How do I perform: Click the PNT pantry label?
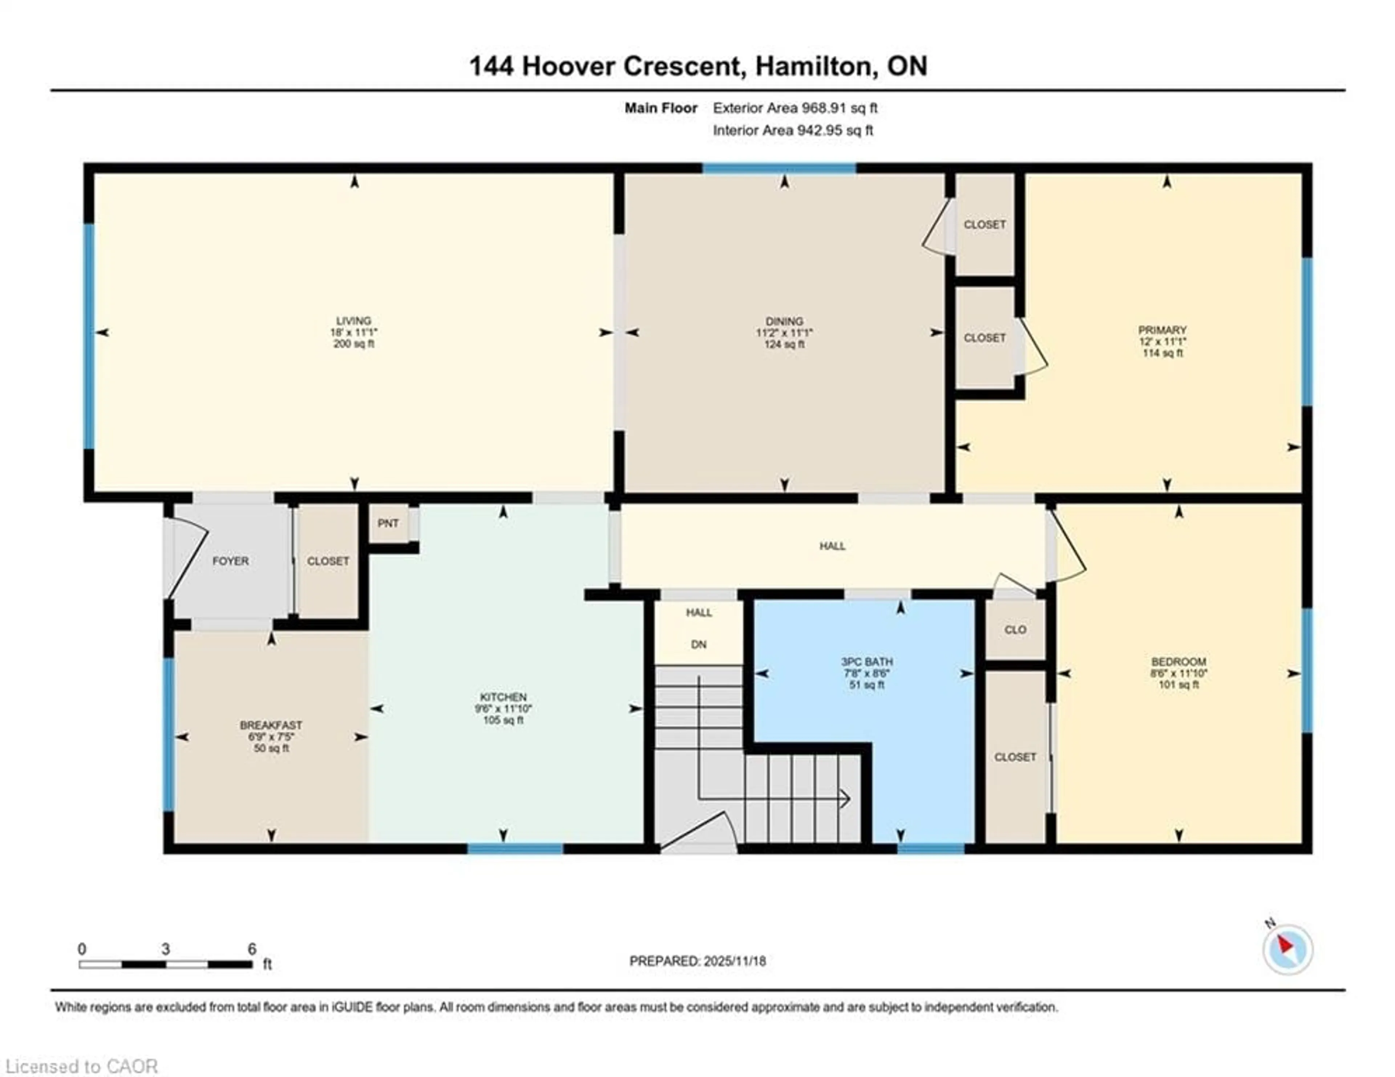coord(388,523)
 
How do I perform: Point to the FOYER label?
coord(231,561)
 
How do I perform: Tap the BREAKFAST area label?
coord(271,725)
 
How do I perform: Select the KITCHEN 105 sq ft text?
coord(503,720)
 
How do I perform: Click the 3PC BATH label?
coord(867,662)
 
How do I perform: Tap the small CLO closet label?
coord(1015,629)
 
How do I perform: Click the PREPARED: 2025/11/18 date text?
coord(697,961)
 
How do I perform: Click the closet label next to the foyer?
coord(328,561)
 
